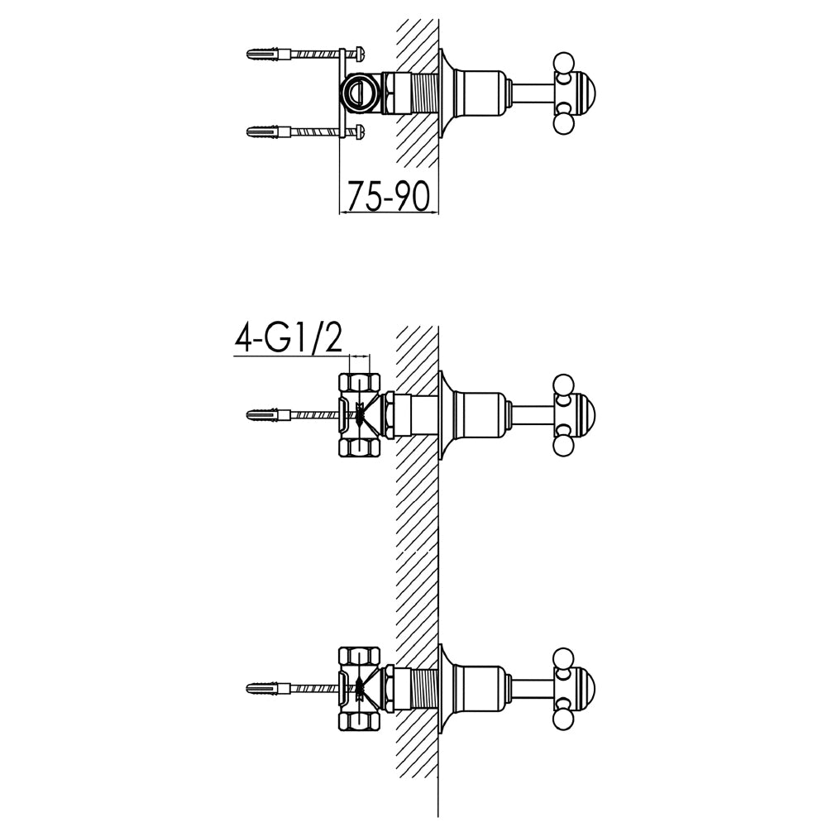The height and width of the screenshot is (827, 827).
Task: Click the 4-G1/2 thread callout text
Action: (288, 338)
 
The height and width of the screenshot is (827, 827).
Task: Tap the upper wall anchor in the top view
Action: (269, 54)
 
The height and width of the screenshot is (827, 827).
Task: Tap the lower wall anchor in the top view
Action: (269, 131)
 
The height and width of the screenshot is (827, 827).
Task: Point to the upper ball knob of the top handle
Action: (563, 62)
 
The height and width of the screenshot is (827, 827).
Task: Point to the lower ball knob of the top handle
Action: (563, 123)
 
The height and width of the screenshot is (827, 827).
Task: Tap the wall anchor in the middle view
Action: (269, 413)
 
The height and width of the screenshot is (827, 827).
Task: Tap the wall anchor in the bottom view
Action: (269, 687)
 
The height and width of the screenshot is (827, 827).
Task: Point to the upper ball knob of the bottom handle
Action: (563, 657)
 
